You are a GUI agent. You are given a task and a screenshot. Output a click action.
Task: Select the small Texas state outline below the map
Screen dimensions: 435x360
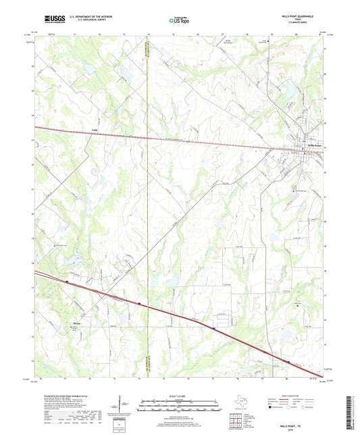point(239,403)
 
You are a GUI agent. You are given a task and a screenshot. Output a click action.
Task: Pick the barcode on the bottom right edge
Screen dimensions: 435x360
point(354,412)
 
